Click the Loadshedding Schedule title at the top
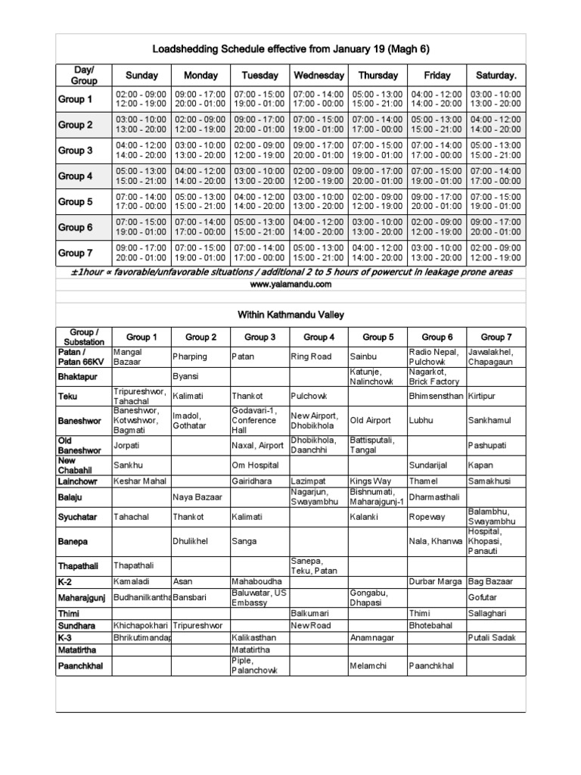click(x=290, y=49)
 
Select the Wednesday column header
click(x=318, y=76)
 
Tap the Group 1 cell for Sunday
click(x=141, y=98)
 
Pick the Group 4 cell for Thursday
click(x=377, y=176)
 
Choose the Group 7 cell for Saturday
click(x=496, y=253)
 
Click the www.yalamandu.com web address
click(x=290, y=284)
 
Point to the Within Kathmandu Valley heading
click(x=290, y=313)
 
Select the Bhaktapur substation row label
click(x=79, y=375)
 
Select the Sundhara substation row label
click(x=79, y=627)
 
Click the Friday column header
click(x=437, y=76)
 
